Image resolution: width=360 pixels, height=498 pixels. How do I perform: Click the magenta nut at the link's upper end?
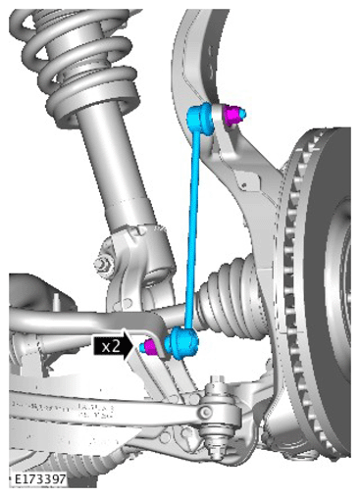pyautogui.click(x=231, y=116)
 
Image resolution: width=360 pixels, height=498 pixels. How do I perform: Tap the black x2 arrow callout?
pyautogui.click(x=113, y=346)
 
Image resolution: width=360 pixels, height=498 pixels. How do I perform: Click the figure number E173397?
pyautogui.click(x=40, y=479)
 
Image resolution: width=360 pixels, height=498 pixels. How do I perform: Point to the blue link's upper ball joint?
pyautogui.click(x=200, y=119)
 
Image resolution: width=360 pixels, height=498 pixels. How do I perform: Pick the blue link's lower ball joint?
pyautogui.click(x=181, y=343)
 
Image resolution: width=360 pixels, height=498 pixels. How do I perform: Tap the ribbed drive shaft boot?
pyautogui.click(x=229, y=297)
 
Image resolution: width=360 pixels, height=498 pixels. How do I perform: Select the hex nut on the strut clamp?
pyautogui.click(x=103, y=264)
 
